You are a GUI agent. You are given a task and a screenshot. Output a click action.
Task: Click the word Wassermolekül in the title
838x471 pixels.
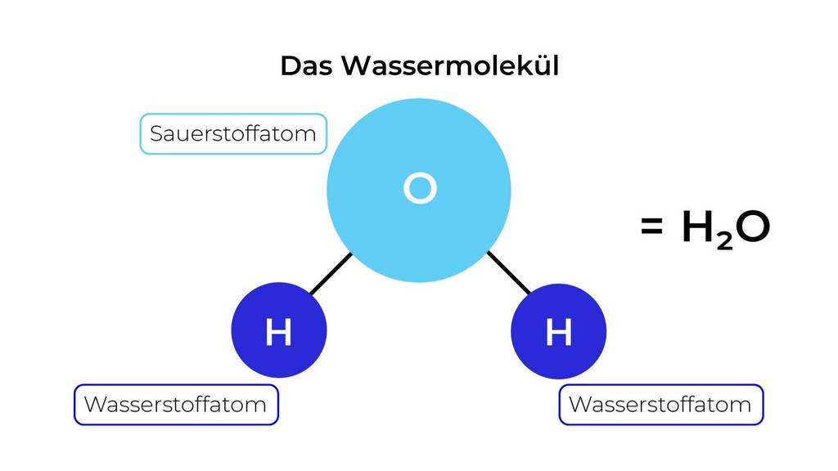click(x=450, y=65)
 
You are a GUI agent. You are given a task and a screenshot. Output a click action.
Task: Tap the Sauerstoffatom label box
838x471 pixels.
click(x=233, y=134)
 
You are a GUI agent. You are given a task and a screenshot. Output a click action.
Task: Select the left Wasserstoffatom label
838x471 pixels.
click(x=176, y=405)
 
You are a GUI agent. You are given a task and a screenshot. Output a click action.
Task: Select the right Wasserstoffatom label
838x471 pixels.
click(x=660, y=405)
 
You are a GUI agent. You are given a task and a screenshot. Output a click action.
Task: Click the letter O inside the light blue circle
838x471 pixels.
click(x=420, y=189)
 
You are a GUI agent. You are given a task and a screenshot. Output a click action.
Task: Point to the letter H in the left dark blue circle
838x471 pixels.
click(x=279, y=333)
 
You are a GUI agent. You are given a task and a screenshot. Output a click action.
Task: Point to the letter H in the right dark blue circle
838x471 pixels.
click(x=558, y=333)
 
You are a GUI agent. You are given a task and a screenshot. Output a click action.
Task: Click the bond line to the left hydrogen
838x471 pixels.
click(x=331, y=273)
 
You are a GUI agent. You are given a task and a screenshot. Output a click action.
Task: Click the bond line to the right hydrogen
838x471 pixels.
click(x=508, y=272)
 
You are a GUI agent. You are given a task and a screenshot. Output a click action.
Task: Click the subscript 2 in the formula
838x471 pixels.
click(x=723, y=240)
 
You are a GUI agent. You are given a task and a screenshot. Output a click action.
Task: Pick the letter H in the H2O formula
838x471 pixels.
click(x=698, y=229)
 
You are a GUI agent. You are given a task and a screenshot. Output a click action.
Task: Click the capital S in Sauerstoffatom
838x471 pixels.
click(x=156, y=134)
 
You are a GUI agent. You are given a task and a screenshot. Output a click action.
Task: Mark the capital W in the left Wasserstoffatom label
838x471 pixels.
click(x=93, y=405)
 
